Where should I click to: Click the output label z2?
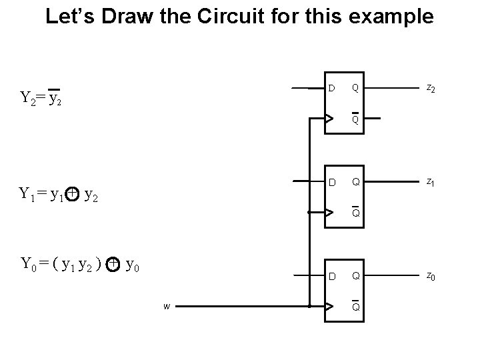[431, 89]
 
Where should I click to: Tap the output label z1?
[431, 183]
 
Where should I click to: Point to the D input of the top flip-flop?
[331, 88]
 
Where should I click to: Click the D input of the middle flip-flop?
[331, 182]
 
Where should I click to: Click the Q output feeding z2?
[355, 88]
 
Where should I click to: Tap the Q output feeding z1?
[355, 182]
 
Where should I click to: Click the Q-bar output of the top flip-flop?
[355, 119]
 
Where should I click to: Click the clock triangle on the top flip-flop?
[329, 119]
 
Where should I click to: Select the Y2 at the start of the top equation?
[27, 99]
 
